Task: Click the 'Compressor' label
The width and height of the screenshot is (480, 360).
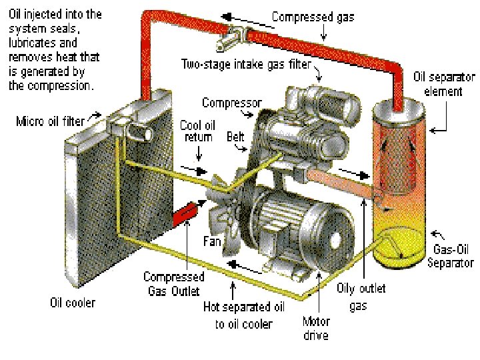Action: coord(231,103)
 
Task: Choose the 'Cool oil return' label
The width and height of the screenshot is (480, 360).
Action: coord(197,131)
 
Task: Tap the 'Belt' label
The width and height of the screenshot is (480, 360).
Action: coord(235,137)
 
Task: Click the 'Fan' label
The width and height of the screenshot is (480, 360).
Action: coord(212,242)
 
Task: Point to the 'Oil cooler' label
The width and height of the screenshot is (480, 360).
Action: coord(73,303)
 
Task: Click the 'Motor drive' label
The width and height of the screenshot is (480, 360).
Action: coord(315,329)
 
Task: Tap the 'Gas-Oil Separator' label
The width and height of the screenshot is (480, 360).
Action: coord(453,257)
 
